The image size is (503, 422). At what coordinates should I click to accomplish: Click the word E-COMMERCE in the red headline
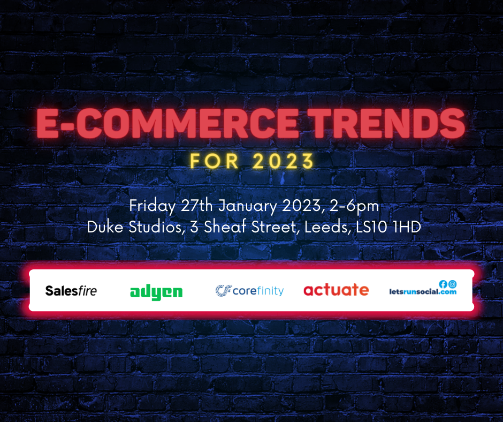click(x=167, y=123)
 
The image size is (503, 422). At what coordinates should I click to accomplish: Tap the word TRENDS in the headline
click(x=388, y=123)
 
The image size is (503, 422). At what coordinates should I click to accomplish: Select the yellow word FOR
click(x=214, y=161)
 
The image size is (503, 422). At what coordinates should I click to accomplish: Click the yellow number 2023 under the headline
click(x=283, y=161)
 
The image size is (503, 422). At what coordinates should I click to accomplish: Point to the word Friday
click(x=153, y=206)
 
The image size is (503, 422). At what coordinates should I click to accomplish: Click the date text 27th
click(x=196, y=206)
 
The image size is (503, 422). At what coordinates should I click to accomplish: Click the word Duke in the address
click(x=105, y=227)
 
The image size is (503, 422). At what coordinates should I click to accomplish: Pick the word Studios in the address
click(x=157, y=227)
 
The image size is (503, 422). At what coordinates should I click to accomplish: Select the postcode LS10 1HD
click(x=388, y=227)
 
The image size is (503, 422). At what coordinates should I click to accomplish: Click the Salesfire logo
click(x=71, y=291)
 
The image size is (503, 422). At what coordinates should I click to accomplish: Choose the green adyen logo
click(x=156, y=292)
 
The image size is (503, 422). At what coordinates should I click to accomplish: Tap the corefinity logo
click(x=249, y=291)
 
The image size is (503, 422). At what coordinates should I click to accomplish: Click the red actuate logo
click(x=336, y=289)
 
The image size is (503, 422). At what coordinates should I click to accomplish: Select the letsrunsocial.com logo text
click(x=423, y=292)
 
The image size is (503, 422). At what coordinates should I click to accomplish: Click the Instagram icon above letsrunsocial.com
click(x=453, y=284)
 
